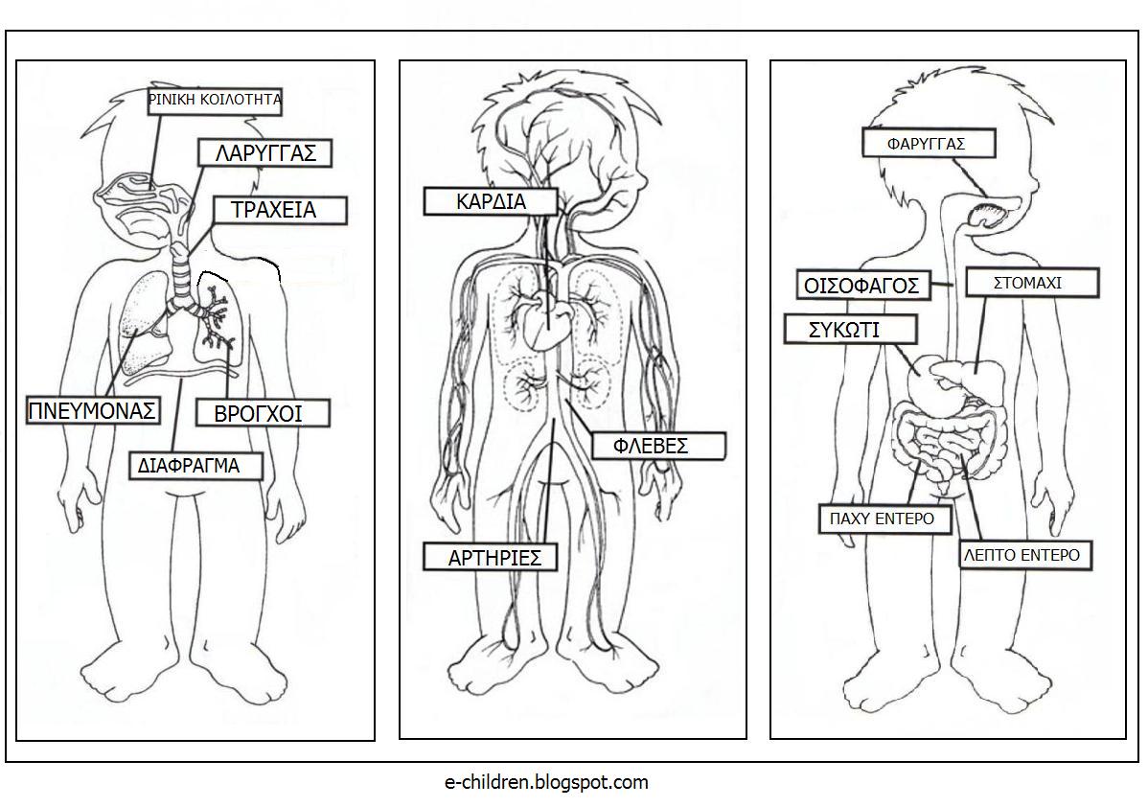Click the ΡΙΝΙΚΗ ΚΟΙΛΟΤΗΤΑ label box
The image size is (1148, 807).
pyautogui.click(x=215, y=101)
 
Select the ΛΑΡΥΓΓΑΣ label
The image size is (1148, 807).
pyautogui.click(x=265, y=153)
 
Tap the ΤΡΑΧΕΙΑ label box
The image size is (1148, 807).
pyautogui.click(x=279, y=210)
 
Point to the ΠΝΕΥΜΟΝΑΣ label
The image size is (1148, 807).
pyautogui.click(x=93, y=411)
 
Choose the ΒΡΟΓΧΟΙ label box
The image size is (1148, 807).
pyautogui.click(x=263, y=413)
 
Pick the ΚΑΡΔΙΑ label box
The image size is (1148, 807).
pyautogui.click(x=491, y=201)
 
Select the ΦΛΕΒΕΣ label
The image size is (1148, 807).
pyautogui.click(x=658, y=446)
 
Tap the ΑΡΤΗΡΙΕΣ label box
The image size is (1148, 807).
pyautogui.click(x=491, y=557)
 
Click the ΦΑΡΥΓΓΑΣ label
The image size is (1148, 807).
pyautogui.click(x=930, y=144)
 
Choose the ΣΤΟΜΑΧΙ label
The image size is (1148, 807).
pyautogui.click(x=1032, y=283)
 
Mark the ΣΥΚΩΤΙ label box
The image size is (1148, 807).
pyautogui.click(x=850, y=330)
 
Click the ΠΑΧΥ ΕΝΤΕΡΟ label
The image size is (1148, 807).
pyautogui.click(x=885, y=519)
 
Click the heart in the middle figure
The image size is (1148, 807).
pyautogui.click(x=545, y=317)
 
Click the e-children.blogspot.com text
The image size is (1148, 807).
pyautogui.click(x=546, y=782)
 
